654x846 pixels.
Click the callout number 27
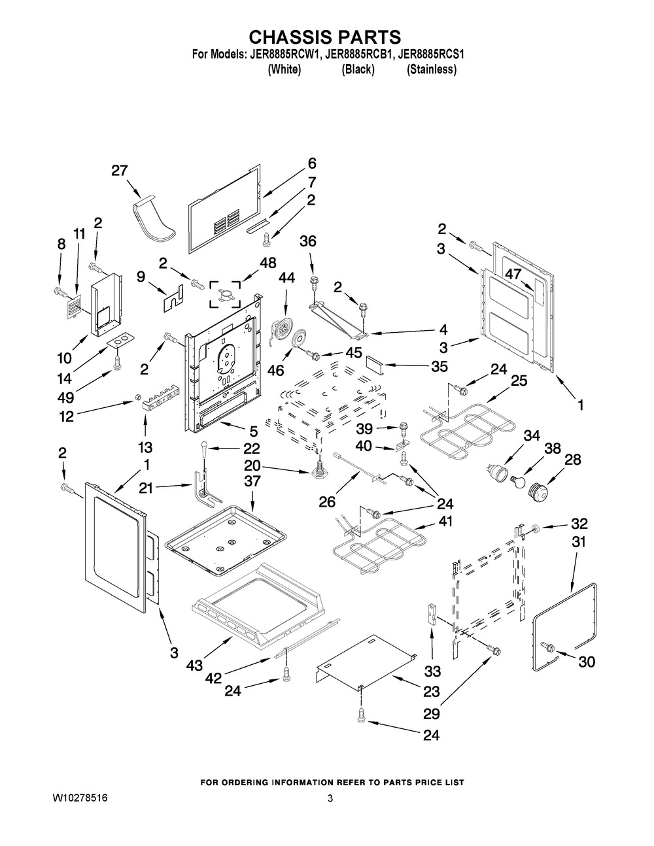119,171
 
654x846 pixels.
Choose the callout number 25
519,381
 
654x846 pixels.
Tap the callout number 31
579,542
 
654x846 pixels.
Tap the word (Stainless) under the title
432,69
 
